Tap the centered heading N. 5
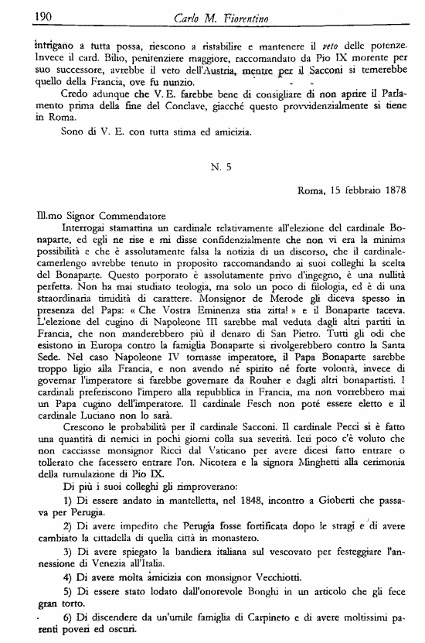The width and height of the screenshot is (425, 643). [221, 165]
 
